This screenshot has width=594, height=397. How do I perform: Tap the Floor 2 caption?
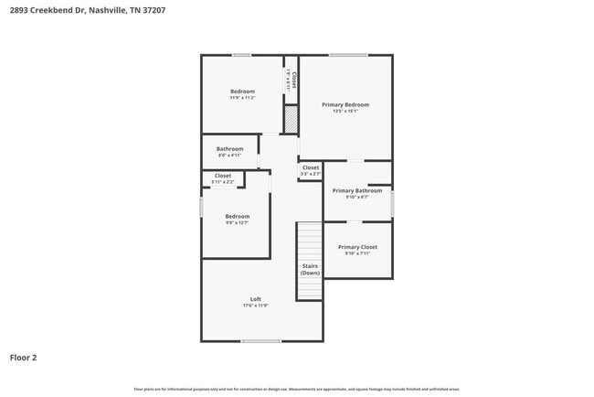[x=24, y=358]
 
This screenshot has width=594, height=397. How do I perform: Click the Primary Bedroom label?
[x=345, y=105]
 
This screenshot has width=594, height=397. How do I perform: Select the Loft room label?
[x=255, y=299]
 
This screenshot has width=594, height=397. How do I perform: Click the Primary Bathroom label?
[x=356, y=190]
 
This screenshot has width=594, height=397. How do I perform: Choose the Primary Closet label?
[x=357, y=247]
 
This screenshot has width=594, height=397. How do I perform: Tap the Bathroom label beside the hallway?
[x=229, y=149]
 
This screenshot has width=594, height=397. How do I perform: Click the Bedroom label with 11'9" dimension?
[x=242, y=91]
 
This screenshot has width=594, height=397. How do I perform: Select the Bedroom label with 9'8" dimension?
[x=237, y=217]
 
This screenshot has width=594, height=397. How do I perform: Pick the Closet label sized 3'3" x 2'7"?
[x=311, y=167]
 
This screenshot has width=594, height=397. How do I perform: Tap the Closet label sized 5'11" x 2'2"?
[x=223, y=176]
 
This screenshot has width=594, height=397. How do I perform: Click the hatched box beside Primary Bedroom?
[x=292, y=120]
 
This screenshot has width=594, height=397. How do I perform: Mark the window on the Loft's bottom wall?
[x=260, y=341]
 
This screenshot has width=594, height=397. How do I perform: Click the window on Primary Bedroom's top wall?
[x=347, y=55]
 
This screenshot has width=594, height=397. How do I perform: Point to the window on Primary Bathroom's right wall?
[x=392, y=202]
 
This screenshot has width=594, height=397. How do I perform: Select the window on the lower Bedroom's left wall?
[x=202, y=208]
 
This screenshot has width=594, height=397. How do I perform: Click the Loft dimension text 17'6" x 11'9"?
[x=255, y=306]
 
